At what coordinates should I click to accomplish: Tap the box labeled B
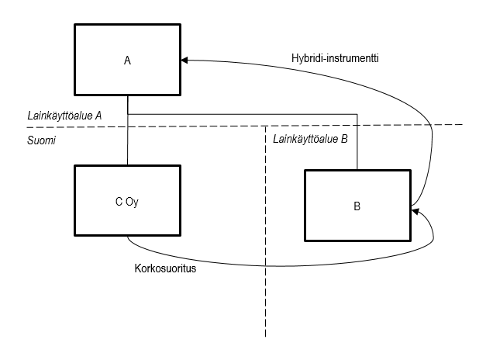pos(357,206)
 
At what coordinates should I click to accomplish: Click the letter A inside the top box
pos(126,61)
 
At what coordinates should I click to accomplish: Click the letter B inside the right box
pos(357,206)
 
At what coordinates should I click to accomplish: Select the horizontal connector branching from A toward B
pos(240,120)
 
